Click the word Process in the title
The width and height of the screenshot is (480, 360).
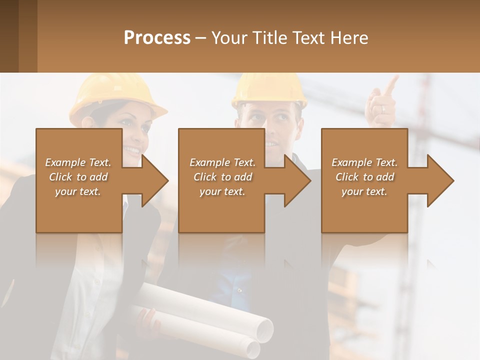click(157, 37)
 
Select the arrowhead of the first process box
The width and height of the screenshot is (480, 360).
click(155, 180)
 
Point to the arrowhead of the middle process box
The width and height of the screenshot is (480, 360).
click(297, 180)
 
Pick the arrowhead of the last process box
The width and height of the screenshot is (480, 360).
click(440, 180)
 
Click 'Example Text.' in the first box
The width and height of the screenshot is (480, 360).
click(78, 162)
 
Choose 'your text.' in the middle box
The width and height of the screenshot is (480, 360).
click(222, 191)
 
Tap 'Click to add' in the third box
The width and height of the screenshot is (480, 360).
click(364, 177)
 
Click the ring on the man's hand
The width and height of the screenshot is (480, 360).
click(383, 108)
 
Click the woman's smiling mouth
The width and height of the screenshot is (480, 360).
click(132, 149)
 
